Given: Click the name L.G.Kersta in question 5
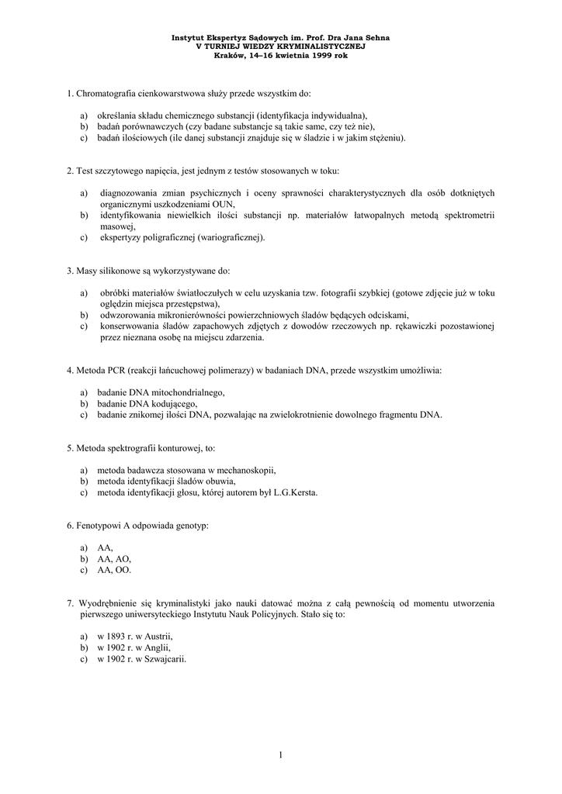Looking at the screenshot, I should [294, 492].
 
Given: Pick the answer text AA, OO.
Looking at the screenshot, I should [114, 570].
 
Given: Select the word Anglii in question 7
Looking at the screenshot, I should [156, 647].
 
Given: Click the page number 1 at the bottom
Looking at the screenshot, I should [280, 754].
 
